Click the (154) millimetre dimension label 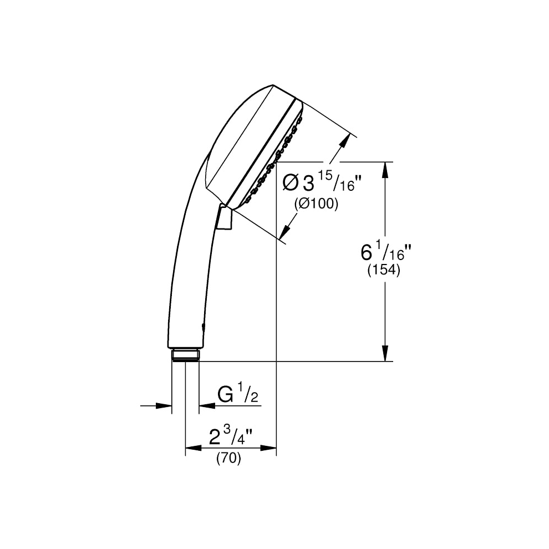pyautogui.click(x=383, y=270)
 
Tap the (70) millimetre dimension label pyautogui.click(x=228, y=458)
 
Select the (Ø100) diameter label pyautogui.click(x=317, y=204)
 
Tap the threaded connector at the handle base pyautogui.click(x=185, y=354)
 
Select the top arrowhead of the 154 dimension pyautogui.click(x=385, y=170)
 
